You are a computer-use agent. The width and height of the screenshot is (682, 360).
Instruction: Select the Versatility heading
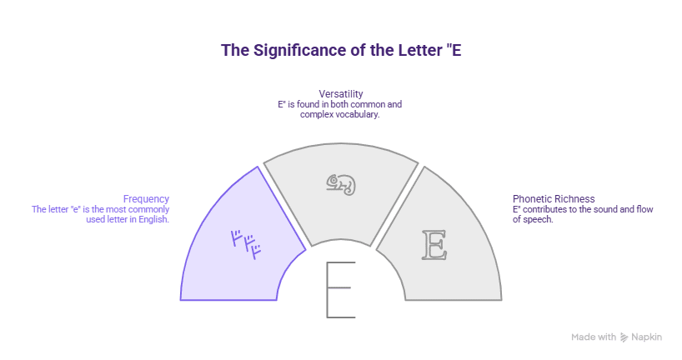(x=340, y=93)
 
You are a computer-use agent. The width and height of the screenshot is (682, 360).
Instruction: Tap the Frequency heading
(x=146, y=198)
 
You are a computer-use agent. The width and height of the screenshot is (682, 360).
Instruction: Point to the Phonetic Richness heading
(x=554, y=198)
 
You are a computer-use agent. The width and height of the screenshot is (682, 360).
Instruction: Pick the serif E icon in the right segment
(x=434, y=244)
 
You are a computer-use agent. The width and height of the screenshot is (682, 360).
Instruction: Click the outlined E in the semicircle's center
(x=340, y=289)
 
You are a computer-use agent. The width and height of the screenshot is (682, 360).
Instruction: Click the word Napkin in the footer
(x=647, y=337)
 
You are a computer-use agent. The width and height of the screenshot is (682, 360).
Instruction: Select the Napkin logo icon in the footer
(x=624, y=337)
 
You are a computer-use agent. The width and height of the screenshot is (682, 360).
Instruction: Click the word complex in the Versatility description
(x=315, y=115)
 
